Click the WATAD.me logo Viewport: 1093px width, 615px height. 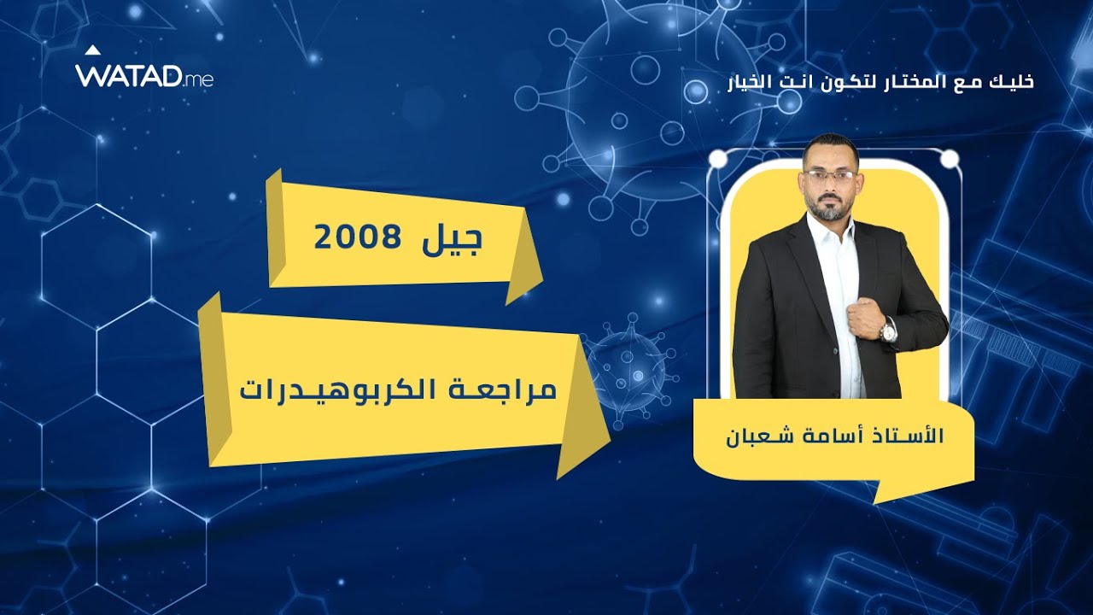point(143,75)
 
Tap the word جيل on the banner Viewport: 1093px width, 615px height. point(453,239)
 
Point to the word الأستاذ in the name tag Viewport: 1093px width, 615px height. point(909,435)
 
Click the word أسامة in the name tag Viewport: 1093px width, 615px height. point(833,435)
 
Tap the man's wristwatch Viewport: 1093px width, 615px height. point(889,331)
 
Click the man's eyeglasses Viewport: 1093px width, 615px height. point(830,176)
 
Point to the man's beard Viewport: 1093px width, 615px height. point(828,208)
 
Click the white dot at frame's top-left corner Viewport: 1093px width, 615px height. point(718,159)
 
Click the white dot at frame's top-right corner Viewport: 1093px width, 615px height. point(950,159)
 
